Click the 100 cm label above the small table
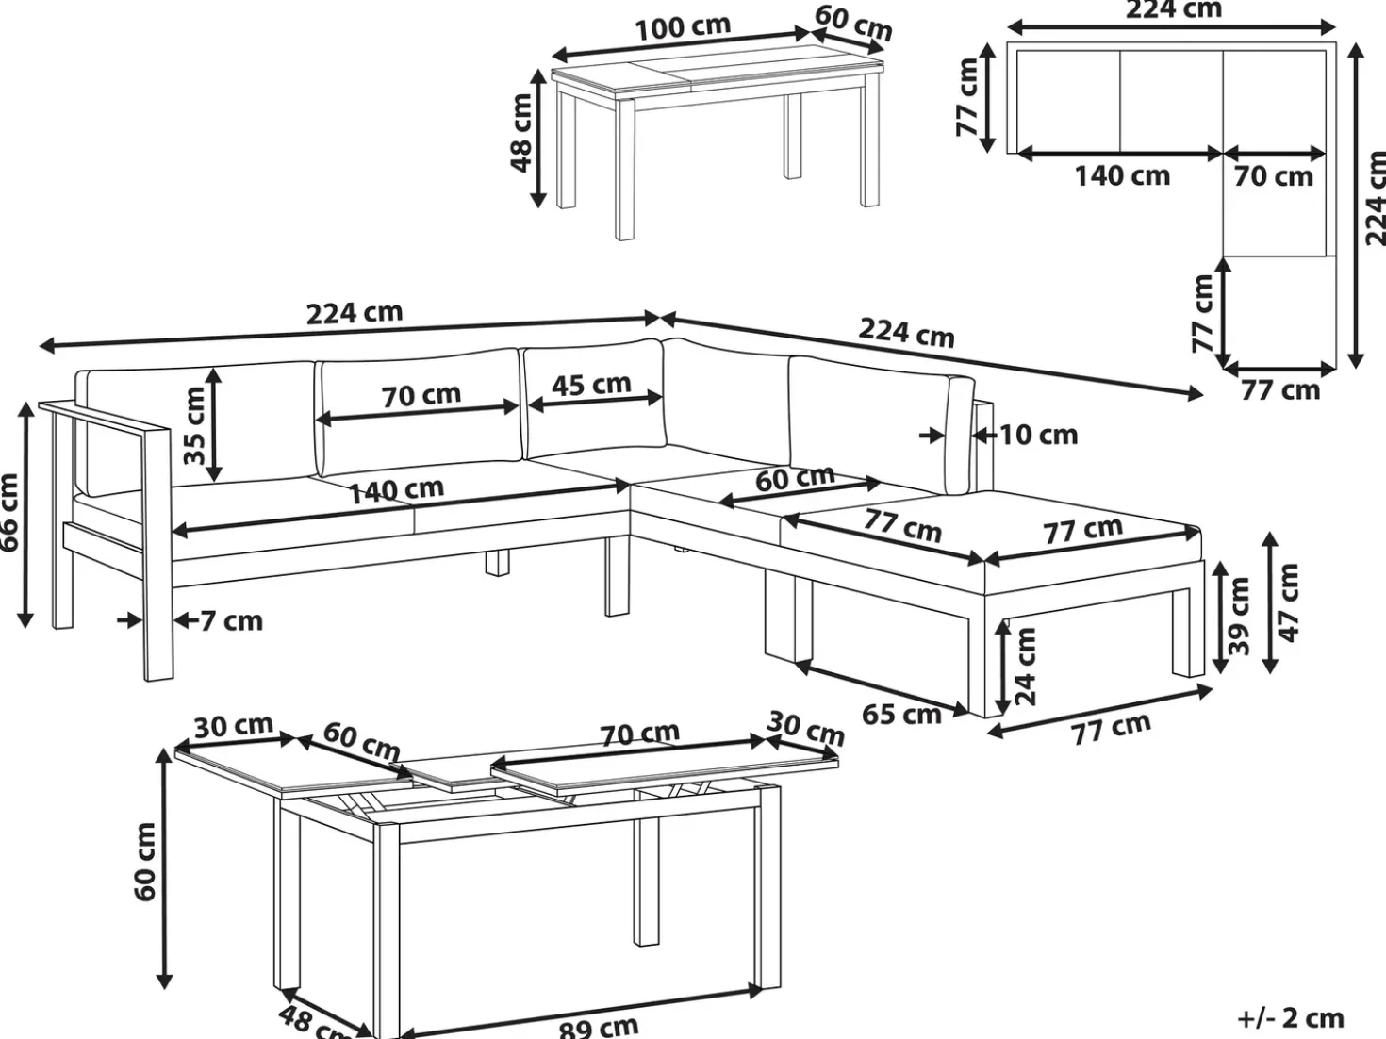(x=683, y=27)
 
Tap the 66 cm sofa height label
(x=10, y=512)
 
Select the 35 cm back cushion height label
(x=194, y=425)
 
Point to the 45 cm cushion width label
(x=592, y=385)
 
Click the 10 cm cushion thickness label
(x=1039, y=435)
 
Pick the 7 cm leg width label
(x=231, y=621)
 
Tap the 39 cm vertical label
(x=1238, y=616)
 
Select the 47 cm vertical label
(x=1289, y=602)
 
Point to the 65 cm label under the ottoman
(x=901, y=715)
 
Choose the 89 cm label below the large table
(x=599, y=1028)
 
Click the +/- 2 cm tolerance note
(x=1291, y=1018)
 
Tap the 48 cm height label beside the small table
(x=521, y=133)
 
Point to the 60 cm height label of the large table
(x=144, y=862)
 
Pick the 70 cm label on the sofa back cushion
(x=421, y=395)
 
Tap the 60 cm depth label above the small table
(x=853, y=24)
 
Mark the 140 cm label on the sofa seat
(x=397, y=490)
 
